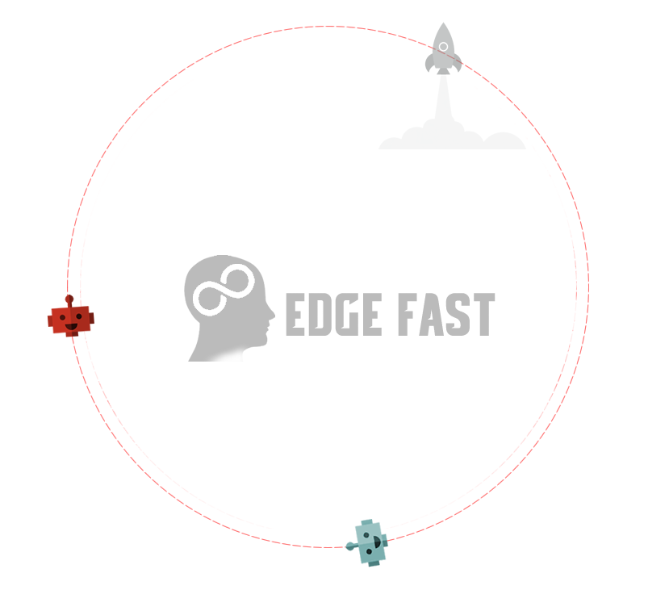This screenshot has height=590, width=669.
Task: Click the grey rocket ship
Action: (x=444, y=49)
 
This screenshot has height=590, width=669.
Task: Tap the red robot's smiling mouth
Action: (x=70, y=327)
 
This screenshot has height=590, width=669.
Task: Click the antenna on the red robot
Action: (x=69, y=299)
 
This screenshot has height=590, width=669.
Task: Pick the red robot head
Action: (x=71, y=320)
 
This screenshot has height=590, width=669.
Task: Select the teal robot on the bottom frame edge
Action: (x=370, y=543)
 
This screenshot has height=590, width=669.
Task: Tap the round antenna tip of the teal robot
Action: (x=350, y=546)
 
